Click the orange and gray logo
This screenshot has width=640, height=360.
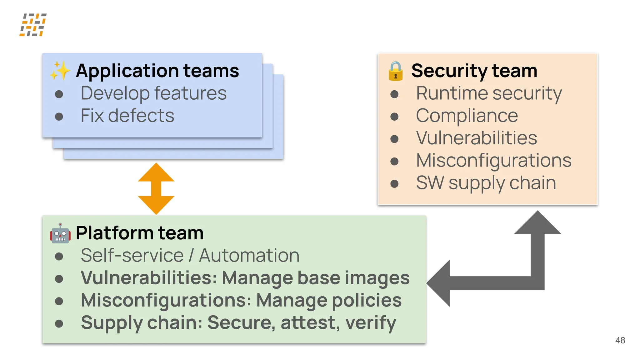tap(33, 25)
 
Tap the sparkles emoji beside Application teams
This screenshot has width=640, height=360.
tap(60, 71)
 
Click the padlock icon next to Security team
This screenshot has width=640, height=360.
tap(395, 71)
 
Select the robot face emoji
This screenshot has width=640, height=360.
tap(60, 233)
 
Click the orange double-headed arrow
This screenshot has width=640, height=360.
tap(156, 188)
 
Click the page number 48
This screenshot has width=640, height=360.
tap(620, 340)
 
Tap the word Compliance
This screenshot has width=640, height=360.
tap(467, 116)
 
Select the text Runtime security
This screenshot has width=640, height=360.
tap(489, 93)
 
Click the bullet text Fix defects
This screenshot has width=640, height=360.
tap(127, 116)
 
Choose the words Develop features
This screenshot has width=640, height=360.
tap(153, 93)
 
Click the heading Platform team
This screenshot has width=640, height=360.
tap(139, 233)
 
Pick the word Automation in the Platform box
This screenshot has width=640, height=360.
tap(249, 256)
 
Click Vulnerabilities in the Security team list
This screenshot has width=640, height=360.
tap(476, 138)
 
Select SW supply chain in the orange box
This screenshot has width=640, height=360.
tap(486, 183)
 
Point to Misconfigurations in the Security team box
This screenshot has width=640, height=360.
tap(494, 160)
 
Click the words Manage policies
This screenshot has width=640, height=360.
tap(329, 300)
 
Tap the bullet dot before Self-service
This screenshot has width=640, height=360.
tap(59, 257)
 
